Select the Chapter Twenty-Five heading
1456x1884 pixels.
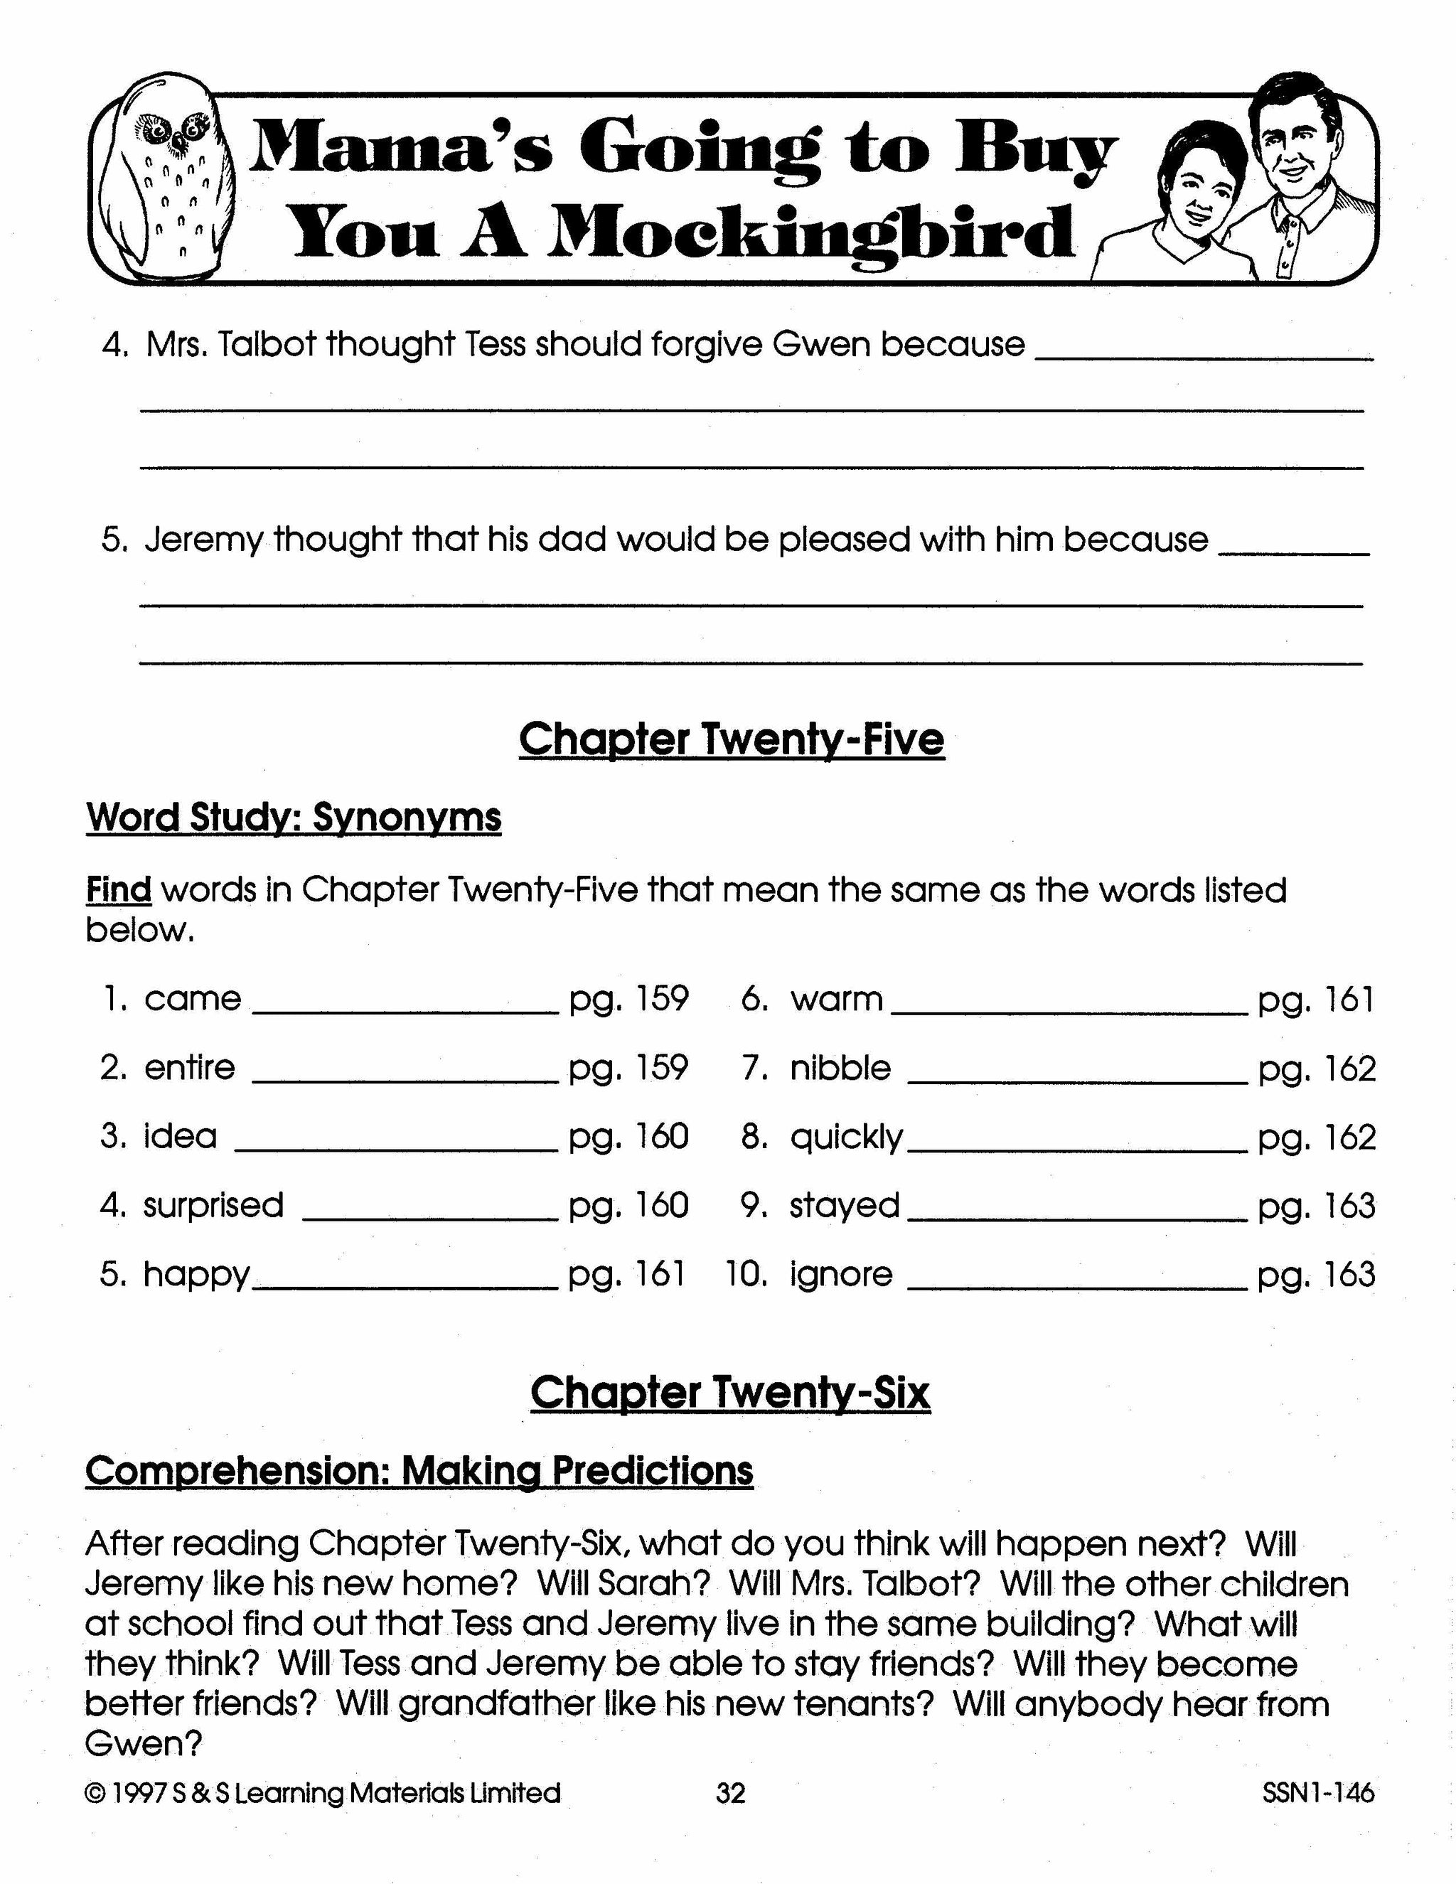point(732,739)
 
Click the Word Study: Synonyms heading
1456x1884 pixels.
point(294,816)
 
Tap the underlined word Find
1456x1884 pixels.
point(118,889)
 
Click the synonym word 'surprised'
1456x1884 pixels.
point(213,1205)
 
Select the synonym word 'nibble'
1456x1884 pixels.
point(840,1068)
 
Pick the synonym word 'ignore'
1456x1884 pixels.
point(841,1274)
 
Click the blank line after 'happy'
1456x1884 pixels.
point(405,1286)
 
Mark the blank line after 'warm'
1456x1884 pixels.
point(1069,1011)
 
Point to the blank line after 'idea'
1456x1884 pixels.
point(397,1148)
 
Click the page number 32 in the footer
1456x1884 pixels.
point(729,1794)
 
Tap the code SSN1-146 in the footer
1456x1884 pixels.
point(1318,1794)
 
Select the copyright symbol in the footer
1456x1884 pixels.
point(94,1794)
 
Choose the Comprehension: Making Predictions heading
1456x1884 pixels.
point(419,1471)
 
